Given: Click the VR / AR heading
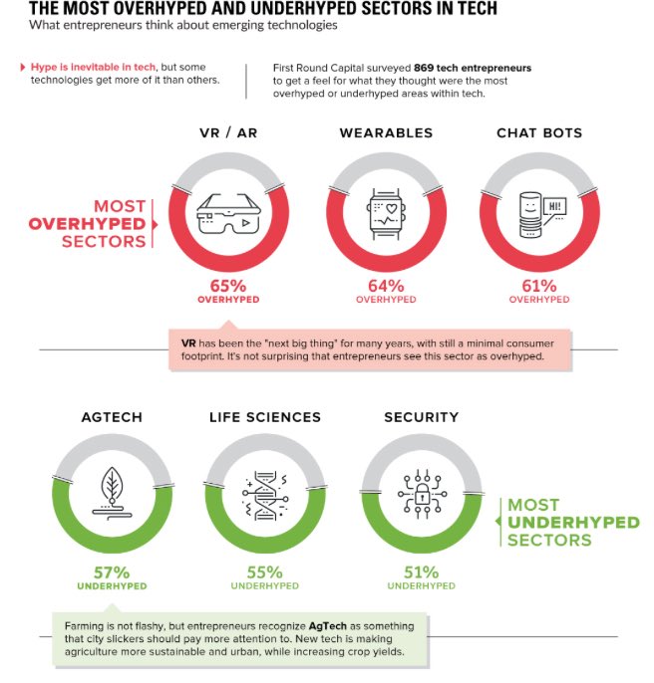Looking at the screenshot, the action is point(229,132).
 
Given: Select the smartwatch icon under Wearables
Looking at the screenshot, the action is point(385,211).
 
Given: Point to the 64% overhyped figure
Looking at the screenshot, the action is point(385,286).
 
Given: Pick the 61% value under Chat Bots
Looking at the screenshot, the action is point(539,286).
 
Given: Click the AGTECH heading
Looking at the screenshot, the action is point(112,416).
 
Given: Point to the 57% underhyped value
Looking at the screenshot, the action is point(112,572).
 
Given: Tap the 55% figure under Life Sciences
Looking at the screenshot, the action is point(264,572).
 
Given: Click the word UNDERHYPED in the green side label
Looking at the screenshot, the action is point(573,523).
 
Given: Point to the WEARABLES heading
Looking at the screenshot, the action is point(386,132).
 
